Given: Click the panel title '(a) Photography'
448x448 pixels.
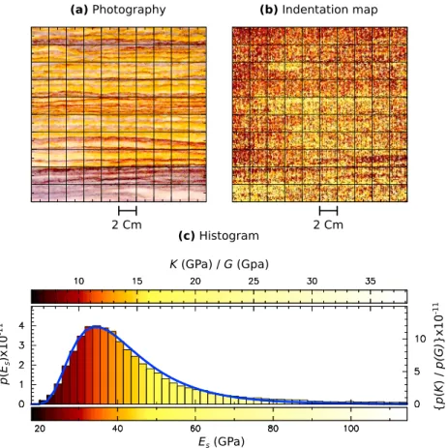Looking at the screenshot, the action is click(118, 10).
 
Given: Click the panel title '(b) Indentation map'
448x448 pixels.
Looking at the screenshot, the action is click(318, 10).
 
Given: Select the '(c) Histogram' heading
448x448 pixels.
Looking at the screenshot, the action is click(219, 236).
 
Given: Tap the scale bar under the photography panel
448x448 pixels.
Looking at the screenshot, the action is click(128, 211).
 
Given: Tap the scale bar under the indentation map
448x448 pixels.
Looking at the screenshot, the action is click(329, 211).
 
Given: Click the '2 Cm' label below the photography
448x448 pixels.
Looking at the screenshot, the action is click(127, 224).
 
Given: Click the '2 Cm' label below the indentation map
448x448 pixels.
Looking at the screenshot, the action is click(328, 224).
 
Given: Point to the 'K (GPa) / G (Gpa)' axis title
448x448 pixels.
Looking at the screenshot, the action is click(220, 264).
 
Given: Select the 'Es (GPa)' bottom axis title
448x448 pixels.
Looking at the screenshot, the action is click(222, 441).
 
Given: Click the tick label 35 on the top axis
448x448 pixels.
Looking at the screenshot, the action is click(371, 282).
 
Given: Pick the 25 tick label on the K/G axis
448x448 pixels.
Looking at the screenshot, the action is click(254, 282).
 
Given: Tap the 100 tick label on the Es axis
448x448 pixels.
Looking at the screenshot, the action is click(351, 429).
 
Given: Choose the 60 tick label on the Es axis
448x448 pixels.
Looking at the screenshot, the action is click(195, 429).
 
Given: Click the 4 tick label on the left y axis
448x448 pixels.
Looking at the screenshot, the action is click(21, 325).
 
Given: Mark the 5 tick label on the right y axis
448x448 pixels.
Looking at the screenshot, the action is click(418, 372).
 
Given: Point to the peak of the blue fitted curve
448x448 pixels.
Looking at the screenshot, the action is click(96, 326).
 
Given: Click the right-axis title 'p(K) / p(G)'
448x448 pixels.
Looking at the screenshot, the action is click(439, 343).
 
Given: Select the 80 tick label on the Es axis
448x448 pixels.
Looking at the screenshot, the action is click(273, 429).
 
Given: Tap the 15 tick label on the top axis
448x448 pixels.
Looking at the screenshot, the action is click(137, 282).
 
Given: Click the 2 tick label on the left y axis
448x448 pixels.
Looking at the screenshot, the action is click(21, 365).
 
